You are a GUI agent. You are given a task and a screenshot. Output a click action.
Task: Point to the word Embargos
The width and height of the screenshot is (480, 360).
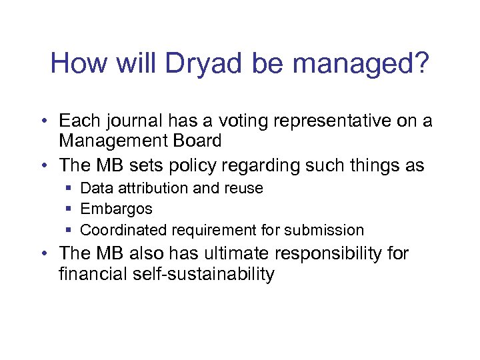point(116,209)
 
